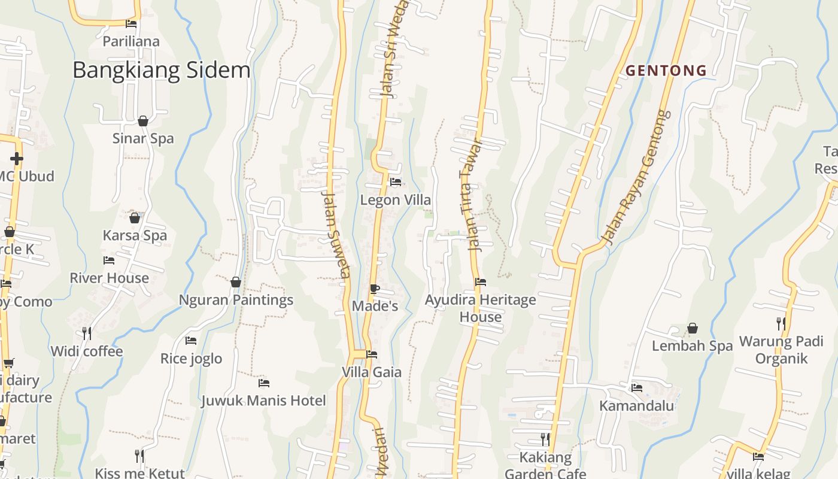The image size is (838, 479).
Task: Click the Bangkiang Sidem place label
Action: [161, 70]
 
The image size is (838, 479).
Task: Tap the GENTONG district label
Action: [666, 71]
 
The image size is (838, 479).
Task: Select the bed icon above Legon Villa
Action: [395, 182]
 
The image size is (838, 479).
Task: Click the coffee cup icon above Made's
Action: [375, 289]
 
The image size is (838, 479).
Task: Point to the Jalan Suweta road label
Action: [336, 234]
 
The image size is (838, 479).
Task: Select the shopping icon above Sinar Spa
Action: [143, 122]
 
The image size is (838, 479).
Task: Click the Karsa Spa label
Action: [135, 235]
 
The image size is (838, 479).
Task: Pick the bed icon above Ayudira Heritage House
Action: [481, 281]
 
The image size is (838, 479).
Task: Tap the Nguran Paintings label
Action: [236, 299]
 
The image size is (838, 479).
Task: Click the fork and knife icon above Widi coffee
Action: [87, 334]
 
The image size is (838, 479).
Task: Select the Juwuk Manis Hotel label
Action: [263, 400]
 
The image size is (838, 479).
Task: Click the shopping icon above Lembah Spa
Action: [693, 328]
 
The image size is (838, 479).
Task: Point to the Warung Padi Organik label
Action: [782, 350]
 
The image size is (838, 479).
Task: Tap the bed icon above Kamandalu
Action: [636, 388]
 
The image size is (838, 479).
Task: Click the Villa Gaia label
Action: [371, 372]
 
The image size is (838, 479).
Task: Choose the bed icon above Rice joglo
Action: [191, 341]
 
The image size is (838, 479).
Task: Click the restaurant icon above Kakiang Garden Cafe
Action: [545, 439]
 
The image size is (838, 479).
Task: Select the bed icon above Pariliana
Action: [131, 24]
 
